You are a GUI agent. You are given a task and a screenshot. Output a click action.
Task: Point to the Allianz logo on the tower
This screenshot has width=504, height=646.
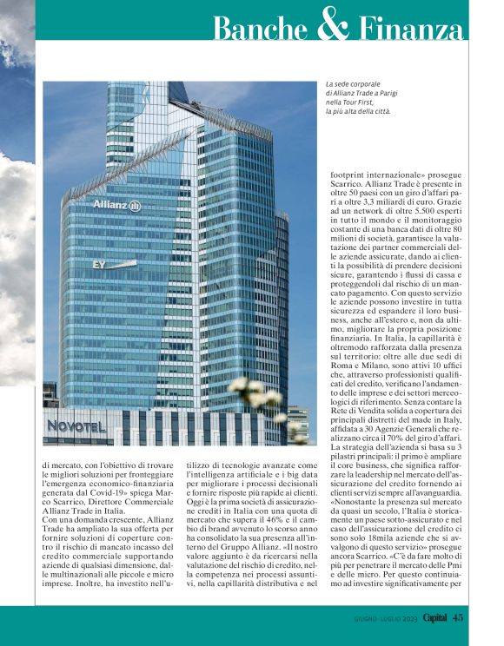pyautogui.click(x=116, y=206)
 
